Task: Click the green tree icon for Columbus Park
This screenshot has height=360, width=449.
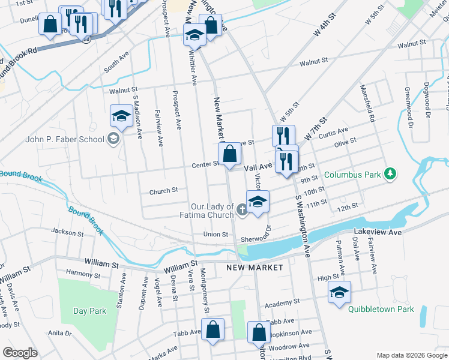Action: (391, 174)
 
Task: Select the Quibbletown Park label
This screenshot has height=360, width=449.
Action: (381, 310)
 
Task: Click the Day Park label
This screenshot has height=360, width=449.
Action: (89, 311)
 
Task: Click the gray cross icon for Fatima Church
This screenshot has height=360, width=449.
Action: (241, 209)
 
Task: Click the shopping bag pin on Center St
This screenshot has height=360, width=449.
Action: (229, 154)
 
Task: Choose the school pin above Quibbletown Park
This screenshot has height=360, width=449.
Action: (339, 292)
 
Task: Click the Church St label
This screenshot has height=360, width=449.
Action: (164, 190)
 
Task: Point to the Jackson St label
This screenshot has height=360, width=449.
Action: (67, 232)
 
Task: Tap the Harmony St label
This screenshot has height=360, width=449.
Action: (83, 273)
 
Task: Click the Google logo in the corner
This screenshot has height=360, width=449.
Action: (20, 353)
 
